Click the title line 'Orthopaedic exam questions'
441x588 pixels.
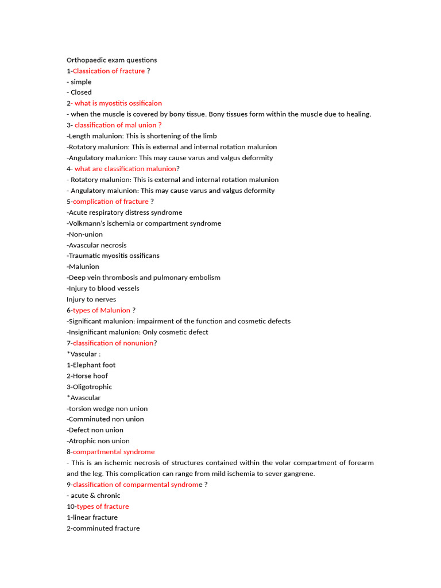(x=111, y=60)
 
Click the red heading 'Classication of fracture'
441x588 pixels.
(x=109, y=71)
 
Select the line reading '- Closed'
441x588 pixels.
(x=79, y=92)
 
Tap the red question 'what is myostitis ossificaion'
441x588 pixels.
(x=118, y=103)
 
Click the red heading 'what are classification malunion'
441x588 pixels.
(x=125, y=169)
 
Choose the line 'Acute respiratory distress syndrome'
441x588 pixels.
(x=125, y=212)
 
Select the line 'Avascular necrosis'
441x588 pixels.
(x=98, y=245)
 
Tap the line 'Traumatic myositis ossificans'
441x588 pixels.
(x=113, y=256)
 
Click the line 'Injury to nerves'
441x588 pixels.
(x=91, y=299)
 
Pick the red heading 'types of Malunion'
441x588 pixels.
(x=102, y=310)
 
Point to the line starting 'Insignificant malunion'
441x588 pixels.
(x=138, y=332)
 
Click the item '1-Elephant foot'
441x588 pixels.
(x=91, y=365)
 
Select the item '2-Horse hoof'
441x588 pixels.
(x=87, y=376)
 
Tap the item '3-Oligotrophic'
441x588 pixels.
(x=90, y=386)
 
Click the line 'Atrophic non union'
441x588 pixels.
(x=98, y=441)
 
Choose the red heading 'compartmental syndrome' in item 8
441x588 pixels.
(x=114, y=452)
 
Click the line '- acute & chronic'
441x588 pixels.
(x=94, y=496)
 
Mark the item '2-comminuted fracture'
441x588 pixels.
(x=103, y=528)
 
